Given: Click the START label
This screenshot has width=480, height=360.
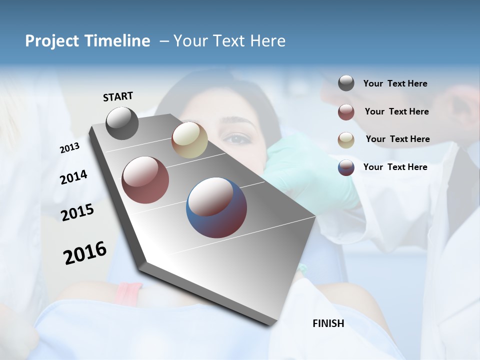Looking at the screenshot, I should pos(118,96).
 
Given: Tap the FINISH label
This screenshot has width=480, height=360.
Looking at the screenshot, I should pos(328,323).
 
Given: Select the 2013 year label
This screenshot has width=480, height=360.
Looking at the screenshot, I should pos(69,148).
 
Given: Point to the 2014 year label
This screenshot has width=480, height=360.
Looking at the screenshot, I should pos(73,177).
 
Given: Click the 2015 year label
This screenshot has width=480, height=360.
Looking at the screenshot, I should pos(77,212).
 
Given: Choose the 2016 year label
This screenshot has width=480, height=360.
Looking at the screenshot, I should pos(85,252).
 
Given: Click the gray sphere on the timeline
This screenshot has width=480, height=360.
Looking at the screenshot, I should pos(122,123).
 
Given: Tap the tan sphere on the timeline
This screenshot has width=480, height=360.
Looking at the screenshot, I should pos(189,140).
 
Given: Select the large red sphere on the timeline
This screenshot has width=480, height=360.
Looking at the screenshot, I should pos(145,180).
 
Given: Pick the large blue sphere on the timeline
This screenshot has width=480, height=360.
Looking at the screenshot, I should pos(216,207).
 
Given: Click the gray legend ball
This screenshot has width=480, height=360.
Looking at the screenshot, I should pos(346,83).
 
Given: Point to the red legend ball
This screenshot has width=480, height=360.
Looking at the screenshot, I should pos(346,112).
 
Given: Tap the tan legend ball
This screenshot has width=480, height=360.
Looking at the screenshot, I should pos(346,140).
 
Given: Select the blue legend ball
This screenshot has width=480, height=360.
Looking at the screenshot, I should pos(346,167).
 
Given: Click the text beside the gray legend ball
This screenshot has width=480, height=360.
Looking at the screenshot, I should pos(395,84).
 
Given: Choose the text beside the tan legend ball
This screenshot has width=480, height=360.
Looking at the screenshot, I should pos(397,139).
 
